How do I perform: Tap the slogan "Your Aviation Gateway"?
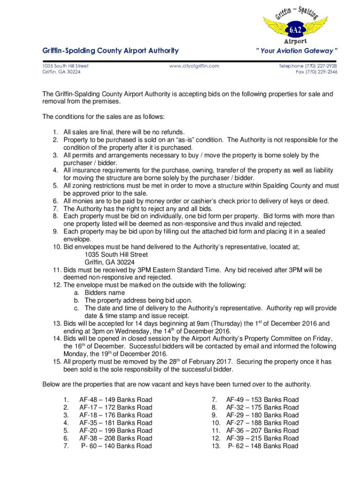pyautogui.click(x=296, y=51)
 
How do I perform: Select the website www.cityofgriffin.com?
pyautogui.click(x=194, y=66)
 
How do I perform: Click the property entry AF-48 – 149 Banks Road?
pyautogui.click(x=115, y=400)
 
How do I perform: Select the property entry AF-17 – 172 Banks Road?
pyautogui.click(x=115, y=407)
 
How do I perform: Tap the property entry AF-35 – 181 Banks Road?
pyautogui.click(x=115, y=423)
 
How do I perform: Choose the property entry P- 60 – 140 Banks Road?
pyautogui.click(x=116, y=446)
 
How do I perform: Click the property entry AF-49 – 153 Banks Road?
pyautogui.click(x=262, y=400)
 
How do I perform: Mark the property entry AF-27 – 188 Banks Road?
pyautogui.click(x=262, y=423)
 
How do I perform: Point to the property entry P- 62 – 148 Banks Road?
pyautogui.click(x=263, y=446)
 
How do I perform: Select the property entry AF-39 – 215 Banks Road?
pyautogui.click(x=262, y=438)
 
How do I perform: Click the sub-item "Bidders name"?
pyautogui.click(x=105, y=293)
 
